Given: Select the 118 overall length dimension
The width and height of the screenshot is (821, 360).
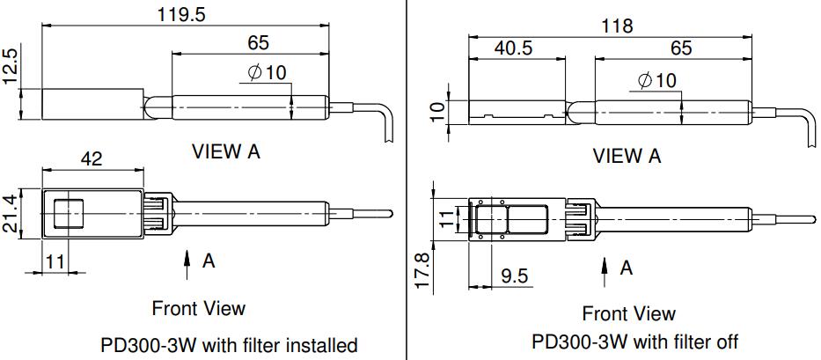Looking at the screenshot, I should [x=617, y=26].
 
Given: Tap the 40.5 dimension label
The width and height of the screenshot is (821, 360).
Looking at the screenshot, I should [x=513, y=48].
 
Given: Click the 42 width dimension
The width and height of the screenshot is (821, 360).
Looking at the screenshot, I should [x=92, y=158].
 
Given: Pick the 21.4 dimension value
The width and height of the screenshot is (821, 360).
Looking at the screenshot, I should [x=11, y=214].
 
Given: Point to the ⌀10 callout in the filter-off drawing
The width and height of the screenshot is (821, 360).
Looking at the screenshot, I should [x=657, y=80].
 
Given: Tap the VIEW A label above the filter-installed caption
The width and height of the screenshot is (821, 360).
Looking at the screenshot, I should [x=226, y=151].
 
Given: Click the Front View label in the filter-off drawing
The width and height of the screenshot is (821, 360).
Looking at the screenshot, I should [x=628, y=313].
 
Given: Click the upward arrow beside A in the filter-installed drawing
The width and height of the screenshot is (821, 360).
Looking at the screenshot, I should [x=187, y=261].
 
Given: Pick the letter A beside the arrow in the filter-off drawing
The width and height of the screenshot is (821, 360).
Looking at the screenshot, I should [x=626, y=268].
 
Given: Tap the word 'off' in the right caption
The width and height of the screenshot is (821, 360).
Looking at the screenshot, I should [x=724, y=342].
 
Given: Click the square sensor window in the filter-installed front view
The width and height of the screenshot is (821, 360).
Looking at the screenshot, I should [x=69, y=215].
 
